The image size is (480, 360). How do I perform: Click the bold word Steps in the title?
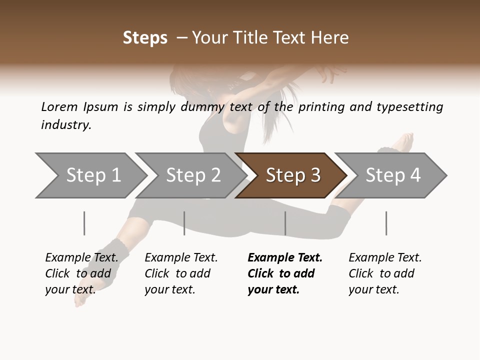[x=145, y=38]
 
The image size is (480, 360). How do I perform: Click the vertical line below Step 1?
[x=84, y=223]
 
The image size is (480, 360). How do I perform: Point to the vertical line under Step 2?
[x=184, y=223]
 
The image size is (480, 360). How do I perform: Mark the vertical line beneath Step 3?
[x=285, y=223]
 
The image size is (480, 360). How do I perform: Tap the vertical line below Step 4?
[x=386, y=223]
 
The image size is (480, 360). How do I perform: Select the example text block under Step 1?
[x=81, y=273]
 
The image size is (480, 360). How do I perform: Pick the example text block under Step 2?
[x=181, y=273]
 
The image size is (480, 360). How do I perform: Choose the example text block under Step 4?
[x=385, y=273]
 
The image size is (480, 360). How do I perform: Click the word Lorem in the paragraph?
[x=59, y=107]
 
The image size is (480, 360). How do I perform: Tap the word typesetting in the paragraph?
[x=409, y=107]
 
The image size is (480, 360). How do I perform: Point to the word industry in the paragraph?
[x=66, y=125]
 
